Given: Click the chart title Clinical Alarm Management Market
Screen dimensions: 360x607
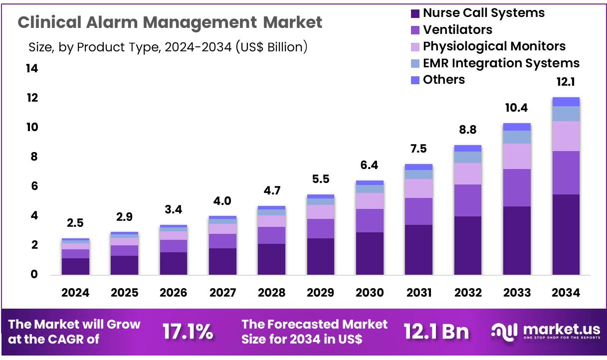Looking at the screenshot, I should point(170,22).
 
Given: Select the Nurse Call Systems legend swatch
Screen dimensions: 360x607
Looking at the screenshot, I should point(415,13).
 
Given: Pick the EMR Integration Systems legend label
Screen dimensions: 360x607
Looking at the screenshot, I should point(501,63).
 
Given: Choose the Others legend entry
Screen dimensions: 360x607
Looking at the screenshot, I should point(443,80).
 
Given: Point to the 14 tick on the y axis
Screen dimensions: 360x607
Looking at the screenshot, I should point(31,69).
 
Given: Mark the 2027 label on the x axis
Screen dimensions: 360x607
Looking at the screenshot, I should point(222,293).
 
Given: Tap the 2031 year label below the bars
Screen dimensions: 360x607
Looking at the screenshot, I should point(418,293).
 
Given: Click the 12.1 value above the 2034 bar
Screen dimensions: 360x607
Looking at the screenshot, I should point(566,82).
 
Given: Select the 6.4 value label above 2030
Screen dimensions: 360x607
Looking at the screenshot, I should point(370,165).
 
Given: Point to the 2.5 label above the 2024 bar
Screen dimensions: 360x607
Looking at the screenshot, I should point(75,222).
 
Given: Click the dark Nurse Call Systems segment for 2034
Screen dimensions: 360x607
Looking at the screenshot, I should point(566,234).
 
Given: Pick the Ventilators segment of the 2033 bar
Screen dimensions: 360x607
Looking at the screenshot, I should point(517,187).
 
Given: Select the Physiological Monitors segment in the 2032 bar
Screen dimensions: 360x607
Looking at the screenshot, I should point(467,174).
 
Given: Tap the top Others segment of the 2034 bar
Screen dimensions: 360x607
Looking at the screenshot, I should point(566,102).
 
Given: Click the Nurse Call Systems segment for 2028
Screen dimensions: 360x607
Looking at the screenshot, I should point(271,259).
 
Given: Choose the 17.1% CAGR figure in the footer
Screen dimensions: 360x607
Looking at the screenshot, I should point(188,332).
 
